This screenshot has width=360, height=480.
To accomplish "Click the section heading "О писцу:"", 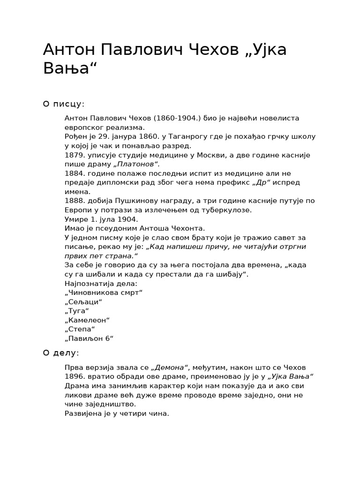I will click(64, 104).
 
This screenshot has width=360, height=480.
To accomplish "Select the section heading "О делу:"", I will click(61, 353).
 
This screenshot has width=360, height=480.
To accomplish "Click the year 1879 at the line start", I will click(74, 155).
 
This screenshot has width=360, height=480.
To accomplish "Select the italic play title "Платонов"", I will click(136, 164).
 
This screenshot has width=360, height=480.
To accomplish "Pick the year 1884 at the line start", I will click(74, 173).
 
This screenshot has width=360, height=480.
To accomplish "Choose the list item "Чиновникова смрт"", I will click(104, 292).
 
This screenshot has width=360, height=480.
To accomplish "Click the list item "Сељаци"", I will click(83, 302).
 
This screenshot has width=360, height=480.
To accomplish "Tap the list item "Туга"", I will click(77, 311).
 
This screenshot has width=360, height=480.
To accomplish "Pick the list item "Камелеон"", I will click(87, 320).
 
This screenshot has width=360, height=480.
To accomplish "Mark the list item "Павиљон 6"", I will click(89, 338).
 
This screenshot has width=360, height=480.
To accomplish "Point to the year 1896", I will click(74, 376).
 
